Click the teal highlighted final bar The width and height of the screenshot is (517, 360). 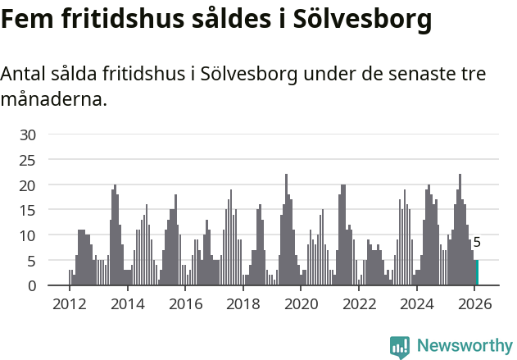coord(477,273)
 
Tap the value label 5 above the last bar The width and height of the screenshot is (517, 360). coord(477,243)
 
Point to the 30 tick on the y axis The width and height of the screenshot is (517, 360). coord(28,134)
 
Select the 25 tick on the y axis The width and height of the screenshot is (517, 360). coord(28,160)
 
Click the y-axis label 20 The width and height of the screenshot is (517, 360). coord(28,185)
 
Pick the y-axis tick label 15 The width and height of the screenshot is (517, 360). coord(28,210)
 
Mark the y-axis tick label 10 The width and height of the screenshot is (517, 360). coord(28,235)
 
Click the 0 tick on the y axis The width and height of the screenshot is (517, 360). coord(32,286)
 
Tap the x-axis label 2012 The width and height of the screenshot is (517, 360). coord(69,304)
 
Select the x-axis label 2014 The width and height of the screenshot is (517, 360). coord(127,304)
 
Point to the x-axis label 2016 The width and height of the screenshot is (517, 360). coord(185,304)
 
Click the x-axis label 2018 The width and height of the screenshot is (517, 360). coord(243,304)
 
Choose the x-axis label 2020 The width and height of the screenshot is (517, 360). coord(302,304)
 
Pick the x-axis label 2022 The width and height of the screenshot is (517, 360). coord(359,304)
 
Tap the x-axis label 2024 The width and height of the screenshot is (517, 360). coord(417,304)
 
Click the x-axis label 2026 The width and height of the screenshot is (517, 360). coord(475,304)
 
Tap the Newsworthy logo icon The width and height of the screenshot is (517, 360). coord(400,347)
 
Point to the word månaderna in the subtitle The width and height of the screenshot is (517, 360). coord(52,101)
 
